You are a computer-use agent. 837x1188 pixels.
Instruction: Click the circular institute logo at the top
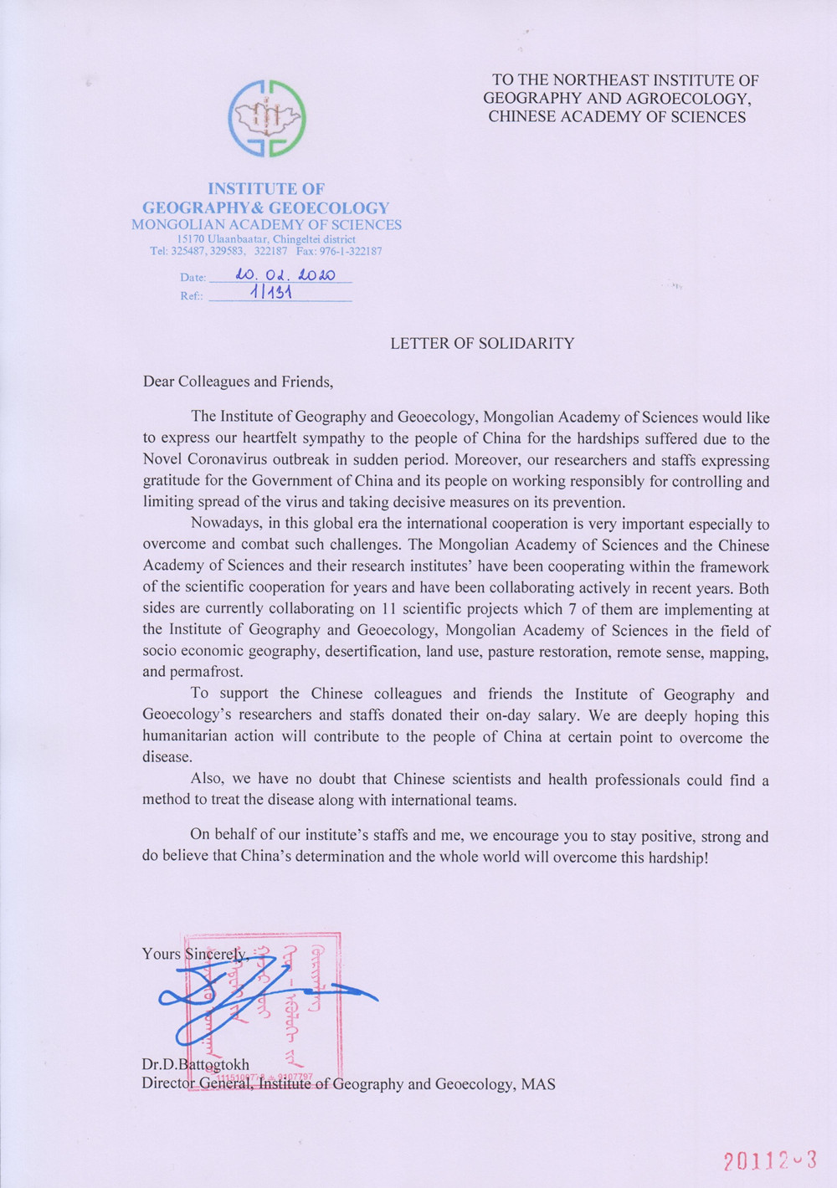click(267, 119)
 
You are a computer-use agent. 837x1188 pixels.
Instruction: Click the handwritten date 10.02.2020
click(285, 274)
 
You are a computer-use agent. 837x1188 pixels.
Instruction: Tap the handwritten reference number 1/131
click(270, 293)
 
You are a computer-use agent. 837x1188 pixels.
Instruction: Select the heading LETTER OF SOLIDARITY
click(482, 343)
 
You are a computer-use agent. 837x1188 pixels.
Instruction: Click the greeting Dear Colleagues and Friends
click(238, 381)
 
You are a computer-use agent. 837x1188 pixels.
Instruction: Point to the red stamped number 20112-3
click(769, 1160)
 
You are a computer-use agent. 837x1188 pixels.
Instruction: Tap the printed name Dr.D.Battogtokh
click(195, 1065)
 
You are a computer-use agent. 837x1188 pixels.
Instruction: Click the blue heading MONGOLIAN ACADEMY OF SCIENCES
click(266, 224)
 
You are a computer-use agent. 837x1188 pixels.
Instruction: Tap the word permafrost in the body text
click(206, 672)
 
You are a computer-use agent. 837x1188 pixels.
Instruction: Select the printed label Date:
click(193, 277)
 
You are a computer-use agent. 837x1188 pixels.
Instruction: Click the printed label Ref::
click(192, 296)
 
